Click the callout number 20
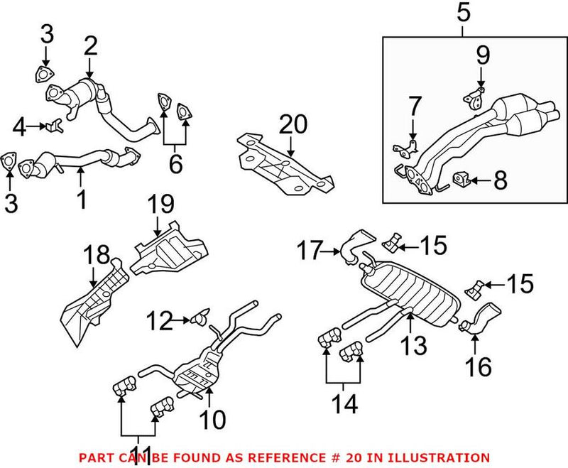click(x=294, y=125)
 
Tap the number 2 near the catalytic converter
click(x=90, y=48)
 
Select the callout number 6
click(x=175, y=164)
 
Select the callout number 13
click(x=416, y=345)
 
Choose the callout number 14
click(x=345, y=404)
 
